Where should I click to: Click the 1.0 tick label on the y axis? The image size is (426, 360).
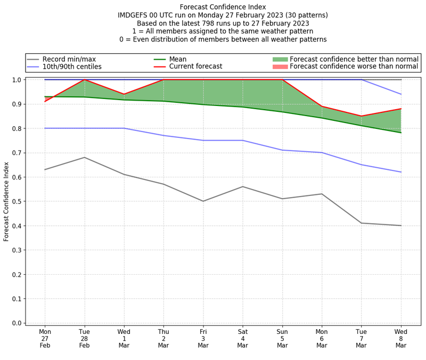pos(17,80)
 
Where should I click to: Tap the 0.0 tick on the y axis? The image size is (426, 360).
pos(17,323)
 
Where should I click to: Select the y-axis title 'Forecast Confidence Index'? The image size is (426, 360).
pos(6,201)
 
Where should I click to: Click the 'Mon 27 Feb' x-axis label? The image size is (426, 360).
pos(45,339)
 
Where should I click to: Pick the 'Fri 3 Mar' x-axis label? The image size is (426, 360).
pos(203,339)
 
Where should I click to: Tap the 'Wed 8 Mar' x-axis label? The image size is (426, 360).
pos(401,339)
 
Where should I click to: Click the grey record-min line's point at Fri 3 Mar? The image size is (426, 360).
pos(203,201)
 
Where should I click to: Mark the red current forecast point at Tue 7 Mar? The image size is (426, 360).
pos(362,116)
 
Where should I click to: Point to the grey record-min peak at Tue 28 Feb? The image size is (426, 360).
pos(84,157)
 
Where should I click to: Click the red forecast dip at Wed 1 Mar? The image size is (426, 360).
pos(124,94)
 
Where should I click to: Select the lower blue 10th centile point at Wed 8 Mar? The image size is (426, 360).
pos(401,172)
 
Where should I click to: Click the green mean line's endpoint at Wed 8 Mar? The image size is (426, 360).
pos(401,133)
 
